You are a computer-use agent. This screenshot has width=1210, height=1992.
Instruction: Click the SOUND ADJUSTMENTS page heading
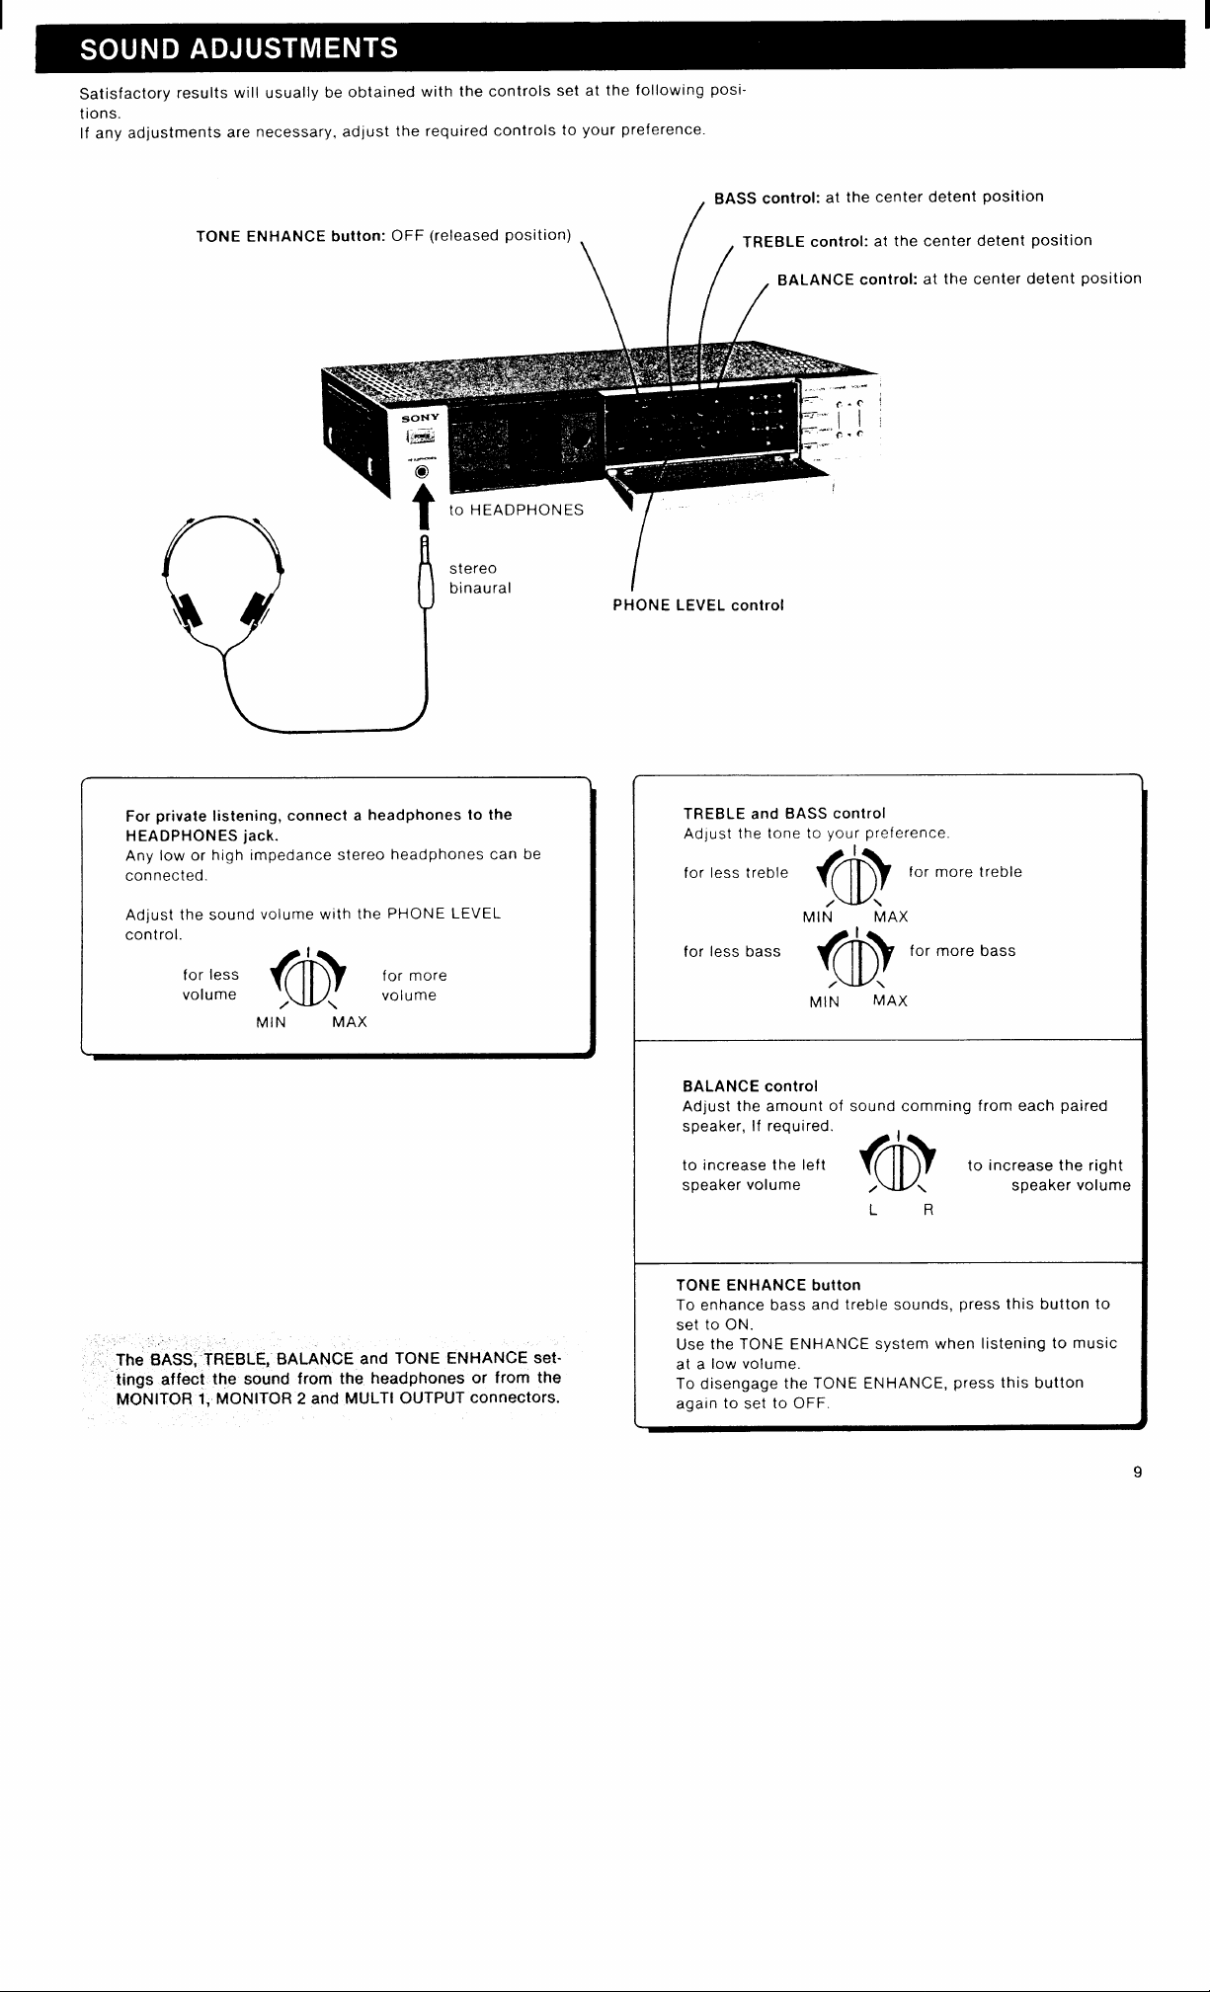(x=239, y=48)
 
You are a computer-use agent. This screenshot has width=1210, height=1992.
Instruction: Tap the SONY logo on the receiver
(x=420, y=418)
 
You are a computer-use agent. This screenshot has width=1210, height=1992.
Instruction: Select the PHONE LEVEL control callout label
(x=698, y=605)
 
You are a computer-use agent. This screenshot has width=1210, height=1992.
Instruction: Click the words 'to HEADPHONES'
(x=517, y=510)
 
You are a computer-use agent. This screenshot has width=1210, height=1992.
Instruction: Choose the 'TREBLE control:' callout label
(x=806, y=241)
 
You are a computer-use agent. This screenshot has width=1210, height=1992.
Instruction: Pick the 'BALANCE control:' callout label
(x=848, y=279)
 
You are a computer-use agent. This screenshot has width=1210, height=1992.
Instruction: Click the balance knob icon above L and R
(x=897, y=1163)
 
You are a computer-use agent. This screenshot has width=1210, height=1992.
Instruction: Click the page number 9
(x=1137, y=1473)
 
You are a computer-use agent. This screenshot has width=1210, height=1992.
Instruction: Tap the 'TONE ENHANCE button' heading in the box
(x=768, y=1285)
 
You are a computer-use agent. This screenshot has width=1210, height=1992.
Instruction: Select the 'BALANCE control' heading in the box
(x=751, y=1086)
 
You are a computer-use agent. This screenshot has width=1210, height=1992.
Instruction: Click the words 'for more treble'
(x=965, y=872)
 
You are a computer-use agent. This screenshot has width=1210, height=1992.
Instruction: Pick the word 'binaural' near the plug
(x=480, y=589)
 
